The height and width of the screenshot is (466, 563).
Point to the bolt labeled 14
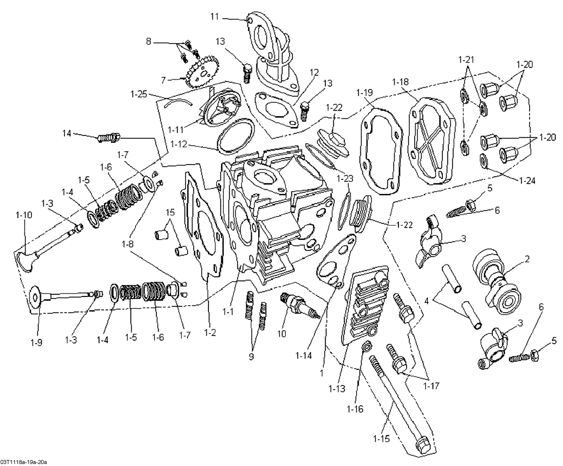108,138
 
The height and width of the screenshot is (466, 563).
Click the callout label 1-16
355,409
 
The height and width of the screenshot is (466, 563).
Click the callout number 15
170,212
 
